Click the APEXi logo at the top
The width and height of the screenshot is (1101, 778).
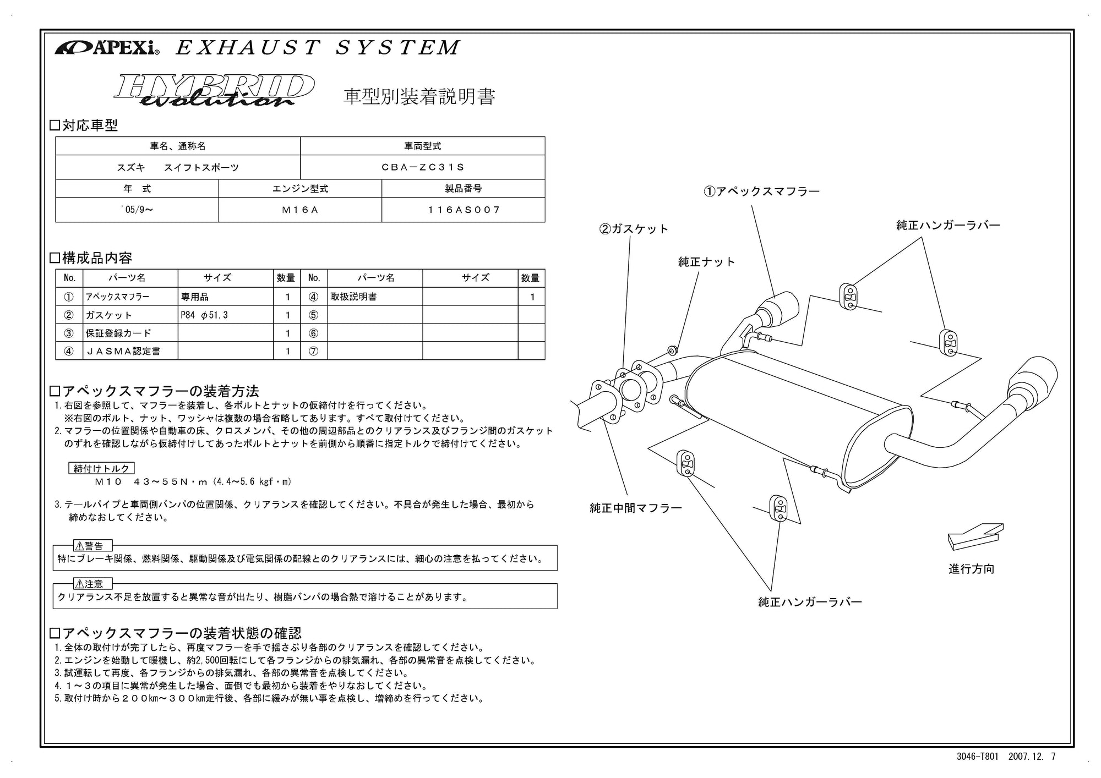(x=107, y=48)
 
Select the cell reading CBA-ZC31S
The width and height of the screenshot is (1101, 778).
(x=423, y=167)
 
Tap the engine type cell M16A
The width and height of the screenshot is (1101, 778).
(x=300, y=210)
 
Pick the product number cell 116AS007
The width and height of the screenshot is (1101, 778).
(x=464, y=210)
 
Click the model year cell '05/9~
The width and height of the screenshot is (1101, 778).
(x=137, y=210)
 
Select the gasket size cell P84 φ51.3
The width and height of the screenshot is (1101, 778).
(x=225, y=315)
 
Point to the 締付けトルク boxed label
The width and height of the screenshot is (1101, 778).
(x=102, y=468)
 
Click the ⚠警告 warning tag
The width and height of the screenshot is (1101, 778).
(x=92, y=546)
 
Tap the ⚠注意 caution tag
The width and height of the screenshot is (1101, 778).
(x=92, y=584)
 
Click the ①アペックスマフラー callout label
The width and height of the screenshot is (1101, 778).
(x=761, y=191)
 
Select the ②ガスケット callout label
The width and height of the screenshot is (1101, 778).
(x=634, y=229)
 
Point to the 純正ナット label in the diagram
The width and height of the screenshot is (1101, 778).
(x=706, y=262)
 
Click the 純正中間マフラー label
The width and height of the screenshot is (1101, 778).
(x=635, y=508)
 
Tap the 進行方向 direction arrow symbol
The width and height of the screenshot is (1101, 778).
(x=975, y=535)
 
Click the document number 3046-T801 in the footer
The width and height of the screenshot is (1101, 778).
(x=977, y=757)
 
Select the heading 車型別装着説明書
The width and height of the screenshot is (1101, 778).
(x=419, y=96)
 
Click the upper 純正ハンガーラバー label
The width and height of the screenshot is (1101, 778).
(x=948, y=225)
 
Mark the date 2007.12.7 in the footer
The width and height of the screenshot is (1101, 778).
(x=1032, y=757)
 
